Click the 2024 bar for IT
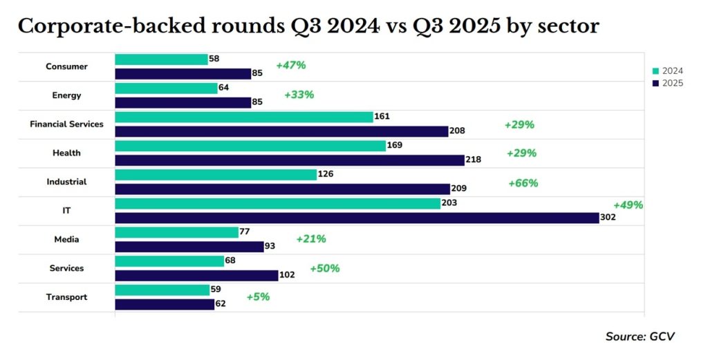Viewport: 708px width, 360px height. tap(277, 203)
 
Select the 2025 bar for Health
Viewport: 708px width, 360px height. tap(289, 160)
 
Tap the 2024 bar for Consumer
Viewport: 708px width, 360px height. tap(161, 59)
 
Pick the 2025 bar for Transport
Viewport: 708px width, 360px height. tap(165, 303)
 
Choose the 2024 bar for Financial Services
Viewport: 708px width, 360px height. tap(243, 117)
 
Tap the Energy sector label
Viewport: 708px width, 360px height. tap(67, 95)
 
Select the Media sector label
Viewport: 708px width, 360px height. tap(67, 239)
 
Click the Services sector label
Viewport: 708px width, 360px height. tap(67, 268)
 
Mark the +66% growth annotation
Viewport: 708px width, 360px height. tap(523, 183)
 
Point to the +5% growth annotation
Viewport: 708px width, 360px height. tap(258, 297)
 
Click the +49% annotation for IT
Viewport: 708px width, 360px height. tap(628, 205)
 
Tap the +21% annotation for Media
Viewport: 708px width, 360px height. tap(311, 239)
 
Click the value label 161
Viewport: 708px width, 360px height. tap(382, 117)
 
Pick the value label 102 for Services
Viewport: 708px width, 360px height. tap(287, 275)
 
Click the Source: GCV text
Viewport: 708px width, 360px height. tap(640, 337)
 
